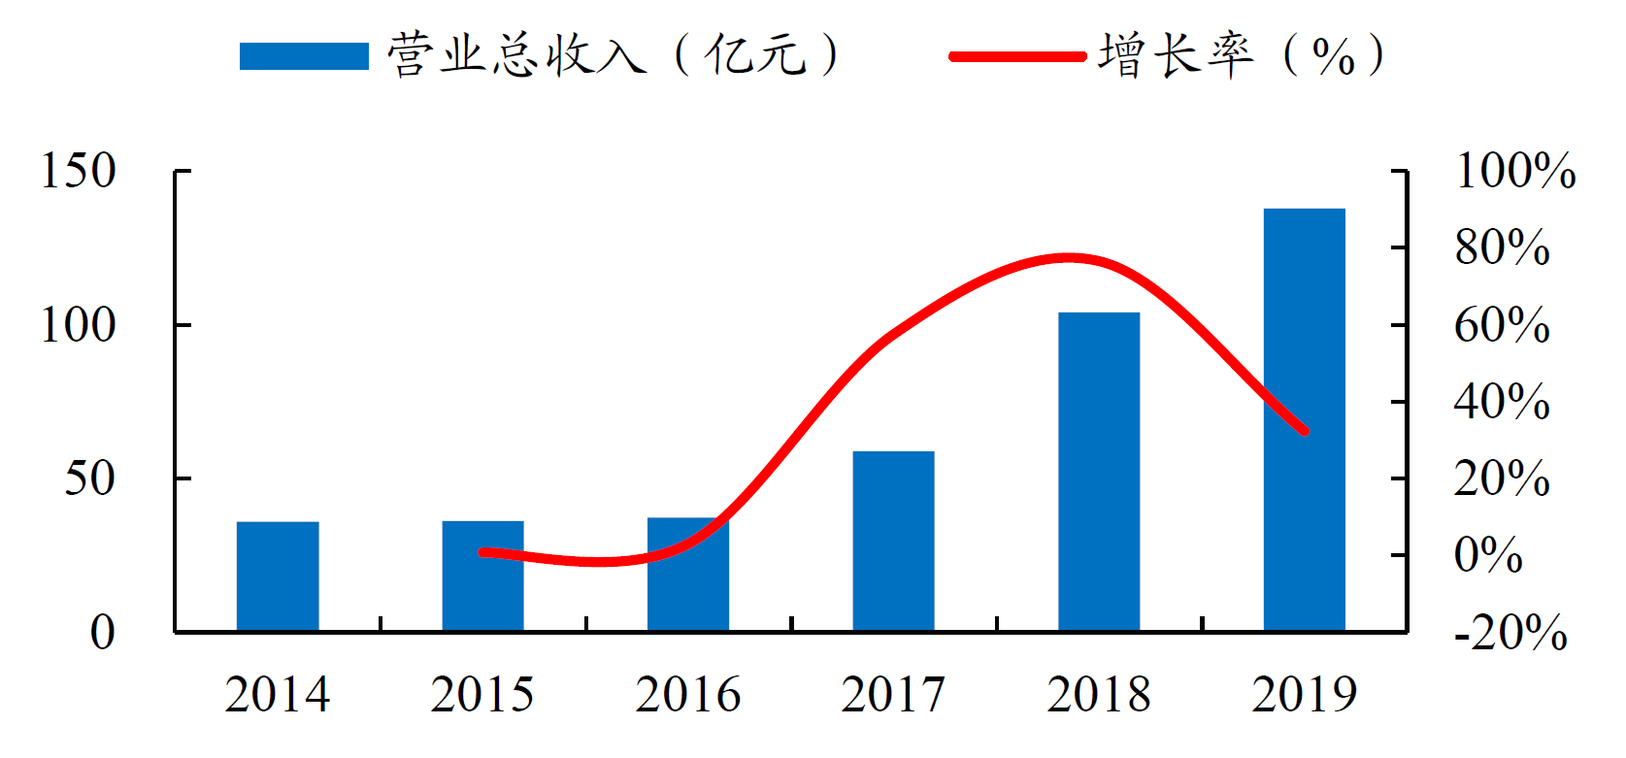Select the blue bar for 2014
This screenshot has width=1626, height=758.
tap(278, 577)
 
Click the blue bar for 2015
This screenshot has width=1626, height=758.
tap(482, 577)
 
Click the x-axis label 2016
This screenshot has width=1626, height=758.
tap(688, 695)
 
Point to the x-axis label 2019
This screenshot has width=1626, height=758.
tap(1304, 695)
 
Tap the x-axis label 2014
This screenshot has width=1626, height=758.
tap(278, 695)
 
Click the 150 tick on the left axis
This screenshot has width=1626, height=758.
tap(78, 171)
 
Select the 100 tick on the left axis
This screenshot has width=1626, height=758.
tap(78, 325)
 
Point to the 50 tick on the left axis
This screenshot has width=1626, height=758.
tap(89, 478)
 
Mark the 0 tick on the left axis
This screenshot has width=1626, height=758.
tap(102, 633)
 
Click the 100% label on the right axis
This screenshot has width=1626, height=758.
tap(1515, 171)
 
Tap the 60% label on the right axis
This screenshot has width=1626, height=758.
tap(1502, 325)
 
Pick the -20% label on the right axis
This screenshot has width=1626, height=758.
tap(1510, 633)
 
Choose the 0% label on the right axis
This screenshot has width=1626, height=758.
tap(1488, 555)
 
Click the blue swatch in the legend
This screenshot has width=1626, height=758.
tap(304, 56)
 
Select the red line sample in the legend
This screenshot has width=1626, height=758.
tap(1016, 56)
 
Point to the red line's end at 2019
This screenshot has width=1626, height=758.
tap(1305, 430)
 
